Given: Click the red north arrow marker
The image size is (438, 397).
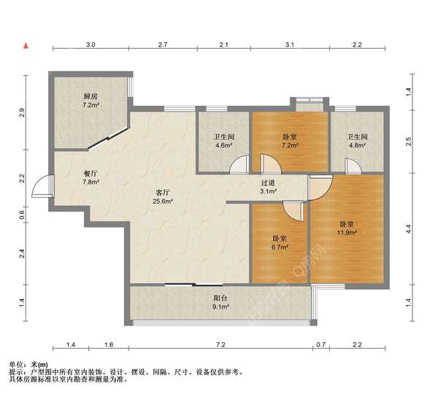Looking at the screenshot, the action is tap(26, 45).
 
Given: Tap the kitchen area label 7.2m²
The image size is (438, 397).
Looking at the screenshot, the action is tap(91, 105).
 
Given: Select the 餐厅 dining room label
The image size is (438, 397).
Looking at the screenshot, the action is tap(91, 174).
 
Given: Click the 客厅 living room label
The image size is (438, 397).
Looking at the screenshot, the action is tap(163, 193).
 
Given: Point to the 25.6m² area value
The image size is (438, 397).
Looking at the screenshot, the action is tap(163, 201).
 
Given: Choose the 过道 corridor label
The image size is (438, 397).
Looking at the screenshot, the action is tap(268, 183).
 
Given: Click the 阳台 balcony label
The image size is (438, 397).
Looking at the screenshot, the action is tap(220, 298).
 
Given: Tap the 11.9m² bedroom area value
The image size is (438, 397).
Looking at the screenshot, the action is tap(347, 232).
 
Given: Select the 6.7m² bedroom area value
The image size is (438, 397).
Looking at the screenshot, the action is tap(280, 247).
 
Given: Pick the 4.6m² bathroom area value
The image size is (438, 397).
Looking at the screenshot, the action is tap(224, 145).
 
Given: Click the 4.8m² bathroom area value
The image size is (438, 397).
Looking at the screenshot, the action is tap(357, 145).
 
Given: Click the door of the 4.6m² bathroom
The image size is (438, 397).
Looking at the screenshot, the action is tap(239, 164).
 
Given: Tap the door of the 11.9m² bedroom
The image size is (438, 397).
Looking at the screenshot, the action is tap(320, 188).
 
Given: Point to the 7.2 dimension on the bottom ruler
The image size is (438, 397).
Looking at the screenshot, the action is tap(220, 344).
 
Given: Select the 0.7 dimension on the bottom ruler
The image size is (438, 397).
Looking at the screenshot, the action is tap(321, 344).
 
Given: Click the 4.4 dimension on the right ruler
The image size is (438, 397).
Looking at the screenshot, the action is tap(408, 229).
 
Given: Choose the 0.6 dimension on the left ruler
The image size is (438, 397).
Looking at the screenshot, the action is tap(23, 215).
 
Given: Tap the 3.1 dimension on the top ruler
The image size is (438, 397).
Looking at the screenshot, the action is tap(290, 45).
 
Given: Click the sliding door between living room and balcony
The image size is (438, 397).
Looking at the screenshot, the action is tap(193, 285).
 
